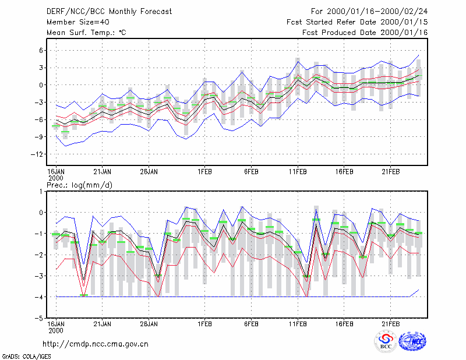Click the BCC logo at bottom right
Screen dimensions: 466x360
[x=386, y=341]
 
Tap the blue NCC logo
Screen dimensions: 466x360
[x=412, y=341]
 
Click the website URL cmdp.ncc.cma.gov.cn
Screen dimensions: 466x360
[x=96, y=344]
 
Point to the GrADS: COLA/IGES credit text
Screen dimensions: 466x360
[x=26, y=357]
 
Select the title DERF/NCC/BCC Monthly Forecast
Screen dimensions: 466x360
[x=109, y=12]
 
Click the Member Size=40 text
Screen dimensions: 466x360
[x=78, y=22]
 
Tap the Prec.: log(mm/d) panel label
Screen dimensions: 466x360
[x=79, y=185]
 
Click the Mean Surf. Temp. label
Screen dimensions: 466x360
[x=86, y=33]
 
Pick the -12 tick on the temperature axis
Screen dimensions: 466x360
[x=37, y=154]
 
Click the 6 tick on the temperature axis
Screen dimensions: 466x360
[x=41, y=51]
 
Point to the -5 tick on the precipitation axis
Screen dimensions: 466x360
[x=39, y=318]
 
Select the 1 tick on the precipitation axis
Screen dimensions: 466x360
[x=41, y=192]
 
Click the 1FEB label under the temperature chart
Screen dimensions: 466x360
[x=205, y=172]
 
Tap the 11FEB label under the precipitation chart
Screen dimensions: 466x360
[x=298, y=324]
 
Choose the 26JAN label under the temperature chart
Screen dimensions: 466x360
[x=149, y=172]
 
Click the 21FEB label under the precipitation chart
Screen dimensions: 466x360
[x=390, y=324]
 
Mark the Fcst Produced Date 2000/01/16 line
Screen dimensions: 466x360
[x=365, y=33]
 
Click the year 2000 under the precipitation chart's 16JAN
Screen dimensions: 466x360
[x=56, y=330]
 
